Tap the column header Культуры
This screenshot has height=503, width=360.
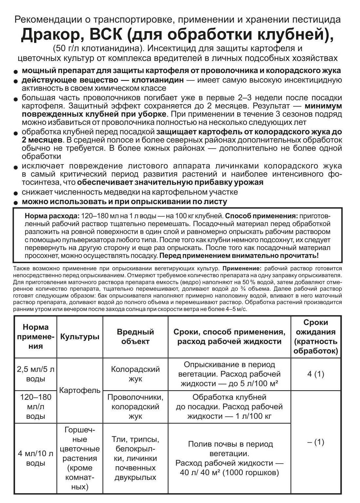(80, 337)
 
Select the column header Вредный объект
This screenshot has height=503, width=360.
(135, 337)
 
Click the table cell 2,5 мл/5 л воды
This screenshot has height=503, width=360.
(36, 374)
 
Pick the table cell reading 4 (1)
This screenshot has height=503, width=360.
(315, 374)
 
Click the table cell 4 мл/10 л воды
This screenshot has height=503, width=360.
(36, 458)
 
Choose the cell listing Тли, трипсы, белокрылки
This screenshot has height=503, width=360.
(135, 458)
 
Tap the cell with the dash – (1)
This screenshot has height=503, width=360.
(315, 442)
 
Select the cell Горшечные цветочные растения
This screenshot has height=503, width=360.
(80, 458)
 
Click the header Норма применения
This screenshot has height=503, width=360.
(36, 337)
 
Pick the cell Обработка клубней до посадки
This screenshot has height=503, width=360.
(229, 407)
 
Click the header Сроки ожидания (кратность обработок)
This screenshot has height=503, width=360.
(315, 337)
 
